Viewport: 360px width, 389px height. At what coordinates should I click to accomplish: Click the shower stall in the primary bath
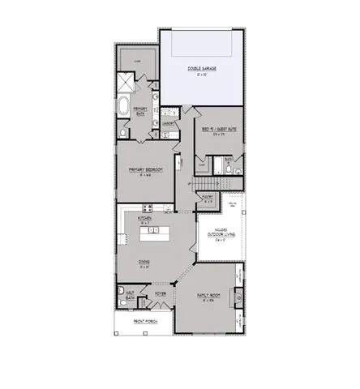point(126,81)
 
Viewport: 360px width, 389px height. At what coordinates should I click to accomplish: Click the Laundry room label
point(168,123)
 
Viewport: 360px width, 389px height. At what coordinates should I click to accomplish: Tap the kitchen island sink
point(152,233)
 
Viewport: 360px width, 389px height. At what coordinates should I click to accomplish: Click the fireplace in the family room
point(237,300)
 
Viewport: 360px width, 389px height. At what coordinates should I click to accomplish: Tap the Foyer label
point(161,294)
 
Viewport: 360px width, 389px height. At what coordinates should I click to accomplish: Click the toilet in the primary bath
point(122,130)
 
